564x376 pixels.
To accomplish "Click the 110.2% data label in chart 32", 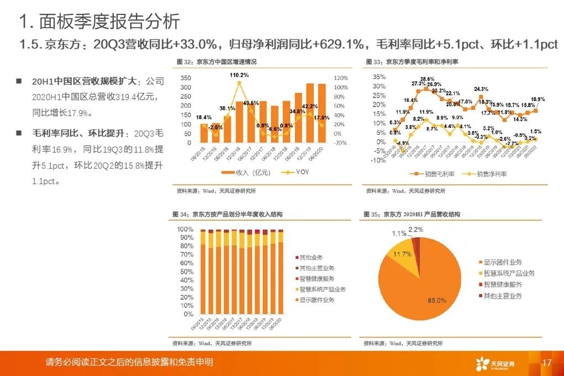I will [239, 75].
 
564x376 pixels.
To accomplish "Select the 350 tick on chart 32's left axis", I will [186, 78].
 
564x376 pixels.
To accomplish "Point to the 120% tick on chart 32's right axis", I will [340, 78].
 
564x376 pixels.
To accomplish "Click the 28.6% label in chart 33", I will [426, 79].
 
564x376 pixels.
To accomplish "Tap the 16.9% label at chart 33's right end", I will [537, 100].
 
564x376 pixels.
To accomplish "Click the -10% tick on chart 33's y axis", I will [378, 160].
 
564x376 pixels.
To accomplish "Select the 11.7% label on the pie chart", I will [402, 254].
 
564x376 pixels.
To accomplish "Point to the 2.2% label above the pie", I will [416, 229].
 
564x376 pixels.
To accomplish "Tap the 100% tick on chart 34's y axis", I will [185, 229].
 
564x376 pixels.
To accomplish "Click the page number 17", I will [547, 363].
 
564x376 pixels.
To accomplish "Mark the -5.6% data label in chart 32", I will [275, 128].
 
